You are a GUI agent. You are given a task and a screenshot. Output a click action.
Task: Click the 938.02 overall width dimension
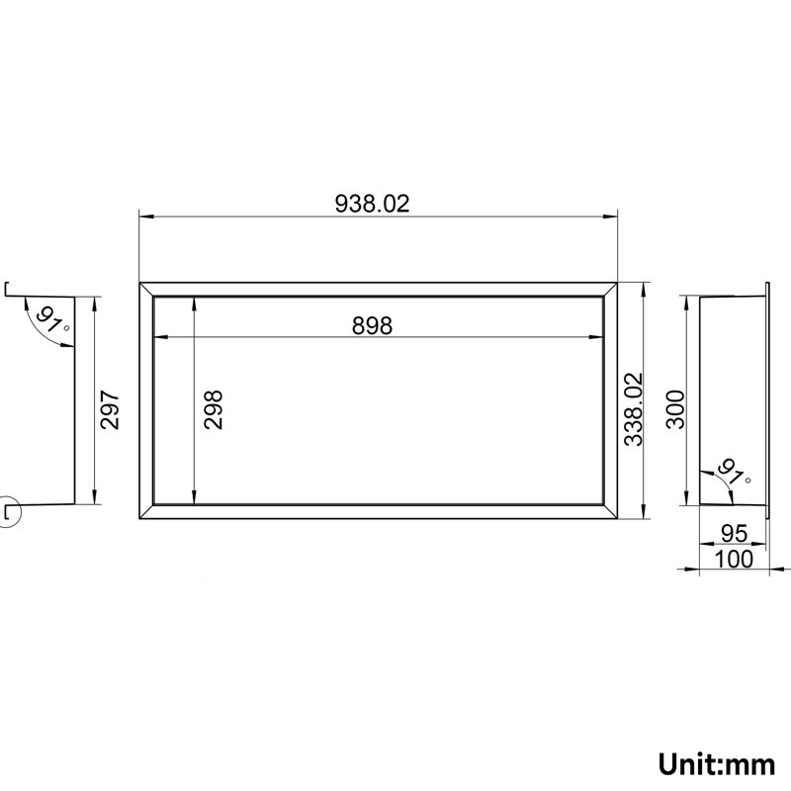373,204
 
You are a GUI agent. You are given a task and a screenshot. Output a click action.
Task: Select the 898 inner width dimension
373,325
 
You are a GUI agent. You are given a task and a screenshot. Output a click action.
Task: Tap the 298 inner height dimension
213,409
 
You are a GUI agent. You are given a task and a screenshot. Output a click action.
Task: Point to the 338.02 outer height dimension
634,409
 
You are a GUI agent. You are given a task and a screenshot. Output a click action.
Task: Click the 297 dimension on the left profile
110,409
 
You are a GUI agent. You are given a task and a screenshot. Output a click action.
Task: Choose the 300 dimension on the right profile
675,409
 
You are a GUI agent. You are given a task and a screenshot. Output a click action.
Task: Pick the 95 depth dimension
735,533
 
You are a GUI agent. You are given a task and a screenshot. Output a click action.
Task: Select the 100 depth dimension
735,559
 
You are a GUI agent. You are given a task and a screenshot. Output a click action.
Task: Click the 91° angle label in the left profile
52,320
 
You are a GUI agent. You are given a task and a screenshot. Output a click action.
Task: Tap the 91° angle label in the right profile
734,473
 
